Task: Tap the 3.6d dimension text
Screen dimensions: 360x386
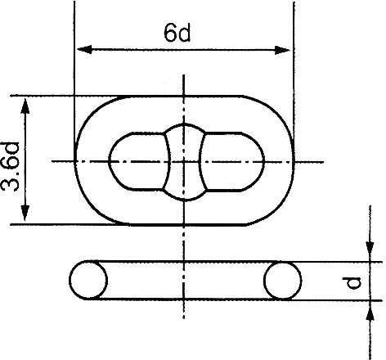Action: pyautogui.click(x=11, y=160)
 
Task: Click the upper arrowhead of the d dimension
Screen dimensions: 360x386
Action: pyautogui.click(x=368, y=254)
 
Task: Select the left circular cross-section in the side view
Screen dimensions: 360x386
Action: pyautogui.click(x=88, y=281)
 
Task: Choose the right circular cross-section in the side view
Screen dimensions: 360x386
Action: pyautogui.click(x=282, y=281)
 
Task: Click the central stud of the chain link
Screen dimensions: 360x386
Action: pyautogui.click(x=185, y=161)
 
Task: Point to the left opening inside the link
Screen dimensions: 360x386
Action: pyautogui.click(x=136, y=161)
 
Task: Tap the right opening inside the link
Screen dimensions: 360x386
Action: pyautogui.click(x=236, y=161)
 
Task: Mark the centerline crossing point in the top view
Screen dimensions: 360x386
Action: pyautogui.click(x=185, y=160)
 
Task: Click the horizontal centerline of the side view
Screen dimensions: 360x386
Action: pyautogui.click(x=185, y=281)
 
